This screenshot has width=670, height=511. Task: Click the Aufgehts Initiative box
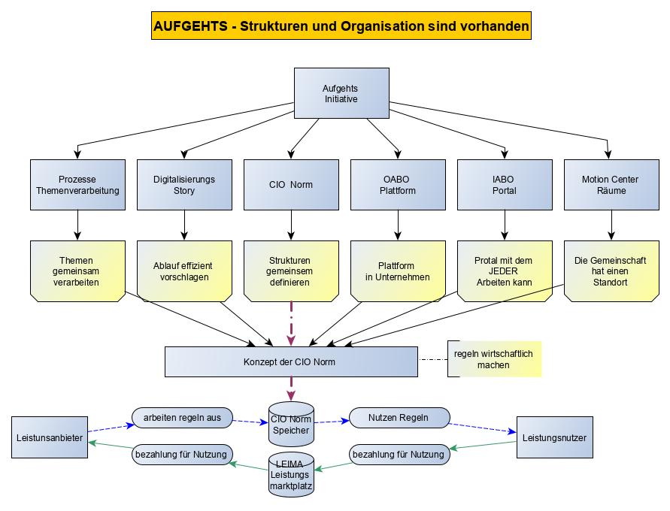click(341, 93)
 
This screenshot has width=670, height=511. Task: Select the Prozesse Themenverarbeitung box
click(77, 185)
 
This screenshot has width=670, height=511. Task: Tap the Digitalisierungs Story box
click(184, 185)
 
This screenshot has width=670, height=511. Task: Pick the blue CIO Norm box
click(291, 185)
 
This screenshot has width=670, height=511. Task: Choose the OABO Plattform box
click(398, 185)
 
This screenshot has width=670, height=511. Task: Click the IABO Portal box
click(505, 185)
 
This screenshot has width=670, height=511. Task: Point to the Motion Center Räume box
click(611, 185)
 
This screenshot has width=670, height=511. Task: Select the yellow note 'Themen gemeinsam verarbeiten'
click(77, 271)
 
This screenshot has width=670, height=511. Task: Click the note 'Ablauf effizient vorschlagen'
click(184, 271)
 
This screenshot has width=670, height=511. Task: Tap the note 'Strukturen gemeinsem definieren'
click(291, 271)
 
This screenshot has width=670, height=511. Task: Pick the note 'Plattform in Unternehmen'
click(398, 271)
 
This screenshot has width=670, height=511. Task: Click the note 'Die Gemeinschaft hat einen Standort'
click(611, 271)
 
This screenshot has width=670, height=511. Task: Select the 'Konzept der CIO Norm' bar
click(291, 361)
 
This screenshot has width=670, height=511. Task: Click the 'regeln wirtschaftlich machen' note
click(494, 359)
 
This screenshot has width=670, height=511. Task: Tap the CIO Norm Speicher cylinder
click(291, 425)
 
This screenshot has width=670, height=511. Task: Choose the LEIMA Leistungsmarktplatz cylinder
click(291, 473)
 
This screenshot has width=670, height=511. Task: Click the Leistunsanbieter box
click(50, 437)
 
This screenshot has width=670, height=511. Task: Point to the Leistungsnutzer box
click(554, 437)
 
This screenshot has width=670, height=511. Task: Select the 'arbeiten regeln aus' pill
click(183, 418)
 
